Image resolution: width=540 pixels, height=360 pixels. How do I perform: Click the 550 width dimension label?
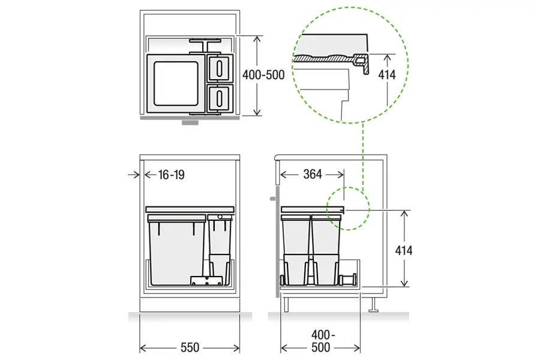pos(190,347)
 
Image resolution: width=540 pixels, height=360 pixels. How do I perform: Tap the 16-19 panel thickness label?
pos(171,175)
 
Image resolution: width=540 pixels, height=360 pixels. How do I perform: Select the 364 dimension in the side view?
pos(313,175)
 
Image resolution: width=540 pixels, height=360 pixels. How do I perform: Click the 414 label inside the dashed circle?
pos(387,74)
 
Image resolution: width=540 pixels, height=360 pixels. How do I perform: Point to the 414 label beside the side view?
pos(404,250)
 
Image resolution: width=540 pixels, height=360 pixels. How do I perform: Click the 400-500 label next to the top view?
pos(263,75)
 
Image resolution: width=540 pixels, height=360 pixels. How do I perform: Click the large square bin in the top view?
pos(176,83)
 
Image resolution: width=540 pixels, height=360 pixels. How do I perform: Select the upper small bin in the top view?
pos(220,68)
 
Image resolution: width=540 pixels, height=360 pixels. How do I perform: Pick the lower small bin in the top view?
pos(220,98)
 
